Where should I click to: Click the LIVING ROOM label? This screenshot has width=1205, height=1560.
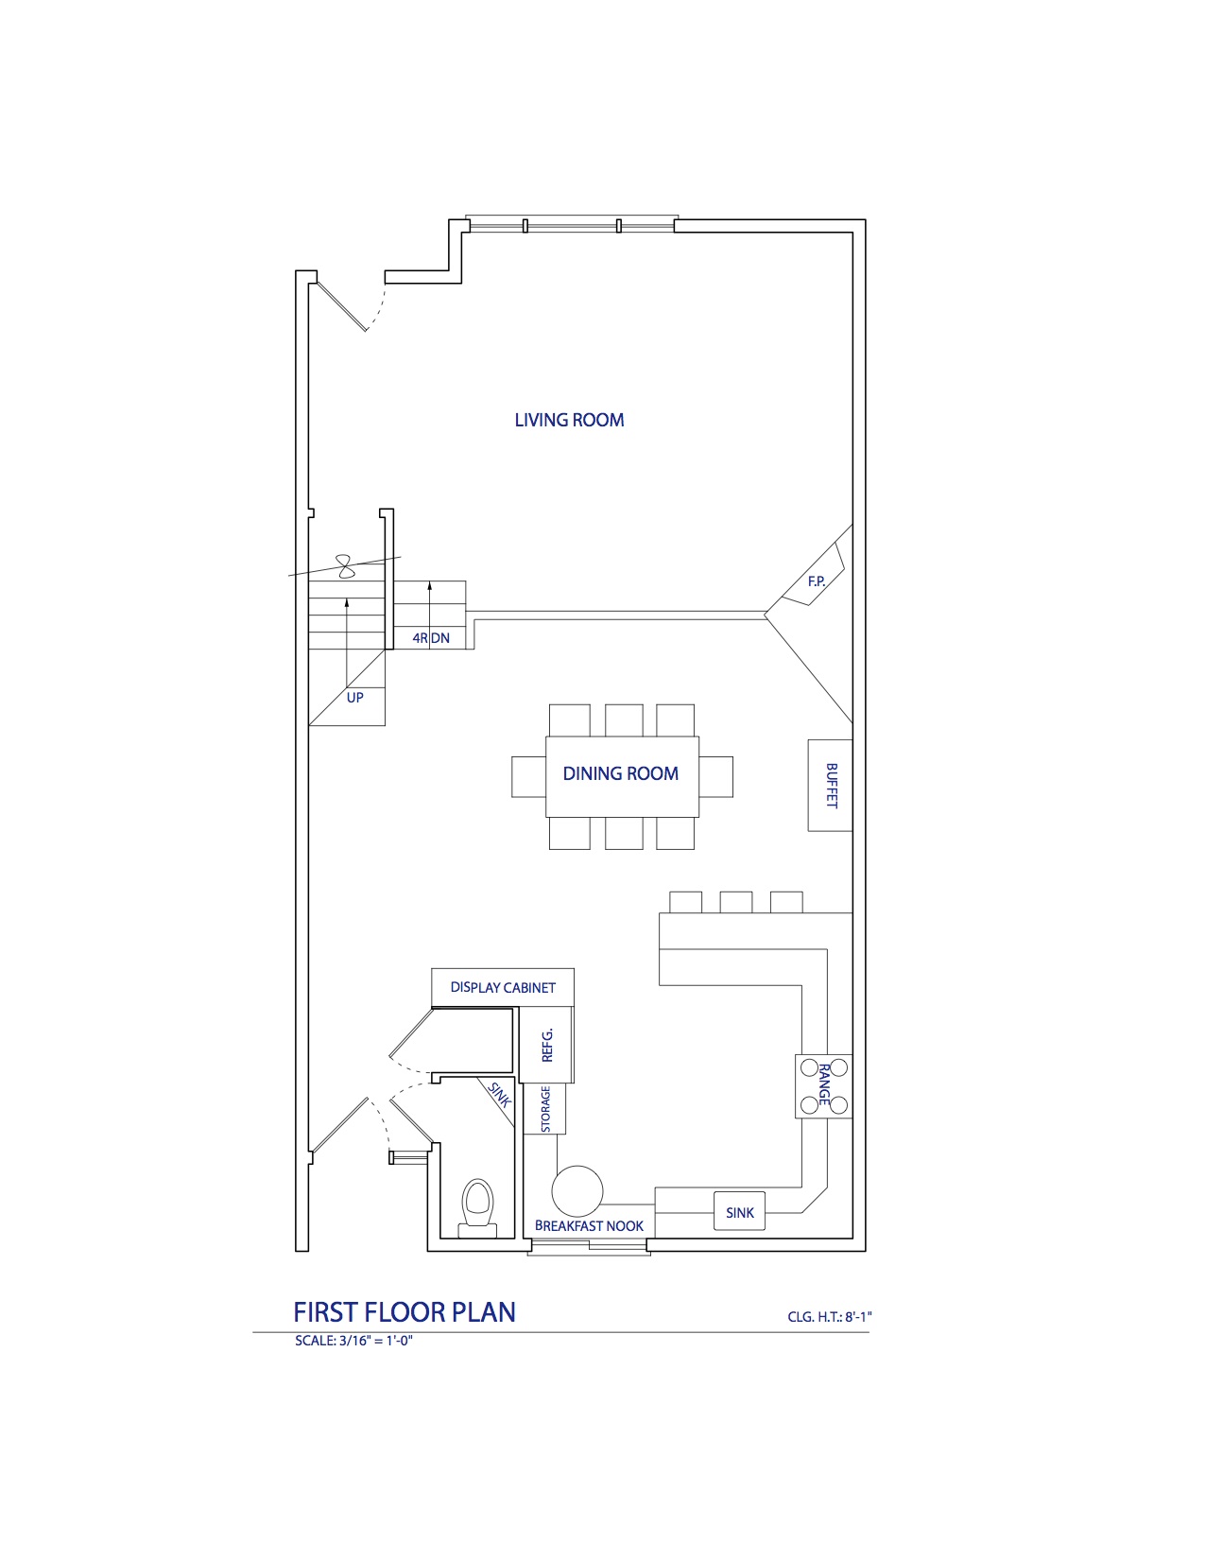click(x=569, y=420)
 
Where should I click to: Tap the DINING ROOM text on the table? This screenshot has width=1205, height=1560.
click(x=620, y=774)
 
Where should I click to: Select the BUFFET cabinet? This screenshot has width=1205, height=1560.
click(x=830, y=786)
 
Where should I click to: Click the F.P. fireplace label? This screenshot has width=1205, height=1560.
click(x=817, y=581)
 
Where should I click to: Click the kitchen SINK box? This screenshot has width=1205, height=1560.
click(x=739, y=1211)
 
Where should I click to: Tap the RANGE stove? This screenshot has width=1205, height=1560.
click(x=823, y=1085)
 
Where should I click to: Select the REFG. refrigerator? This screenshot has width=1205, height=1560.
click(x=546, y=1045)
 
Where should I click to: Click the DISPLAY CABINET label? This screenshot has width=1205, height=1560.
click(x=503, y=988)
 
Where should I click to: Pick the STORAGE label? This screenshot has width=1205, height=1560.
click(x=545, y=1108)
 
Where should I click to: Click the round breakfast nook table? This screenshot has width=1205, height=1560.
click(x=577, y=1191)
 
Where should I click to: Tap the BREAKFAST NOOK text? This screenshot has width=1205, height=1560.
click(x=589, y=1226)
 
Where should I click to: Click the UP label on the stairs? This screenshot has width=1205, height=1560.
click(x=354, y=697)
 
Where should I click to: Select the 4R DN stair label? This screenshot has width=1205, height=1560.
click(x=431, y=637)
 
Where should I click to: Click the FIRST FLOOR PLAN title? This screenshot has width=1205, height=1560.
click(x=405, y=1312)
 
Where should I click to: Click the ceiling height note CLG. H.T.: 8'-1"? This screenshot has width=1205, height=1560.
click(x=830, y=1317)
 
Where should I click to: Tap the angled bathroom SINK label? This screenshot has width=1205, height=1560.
click(x=500, y=1095)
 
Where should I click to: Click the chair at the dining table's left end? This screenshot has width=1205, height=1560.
click(x=529, y=777)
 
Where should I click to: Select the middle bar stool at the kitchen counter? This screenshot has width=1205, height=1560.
click(x=735, y=902)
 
